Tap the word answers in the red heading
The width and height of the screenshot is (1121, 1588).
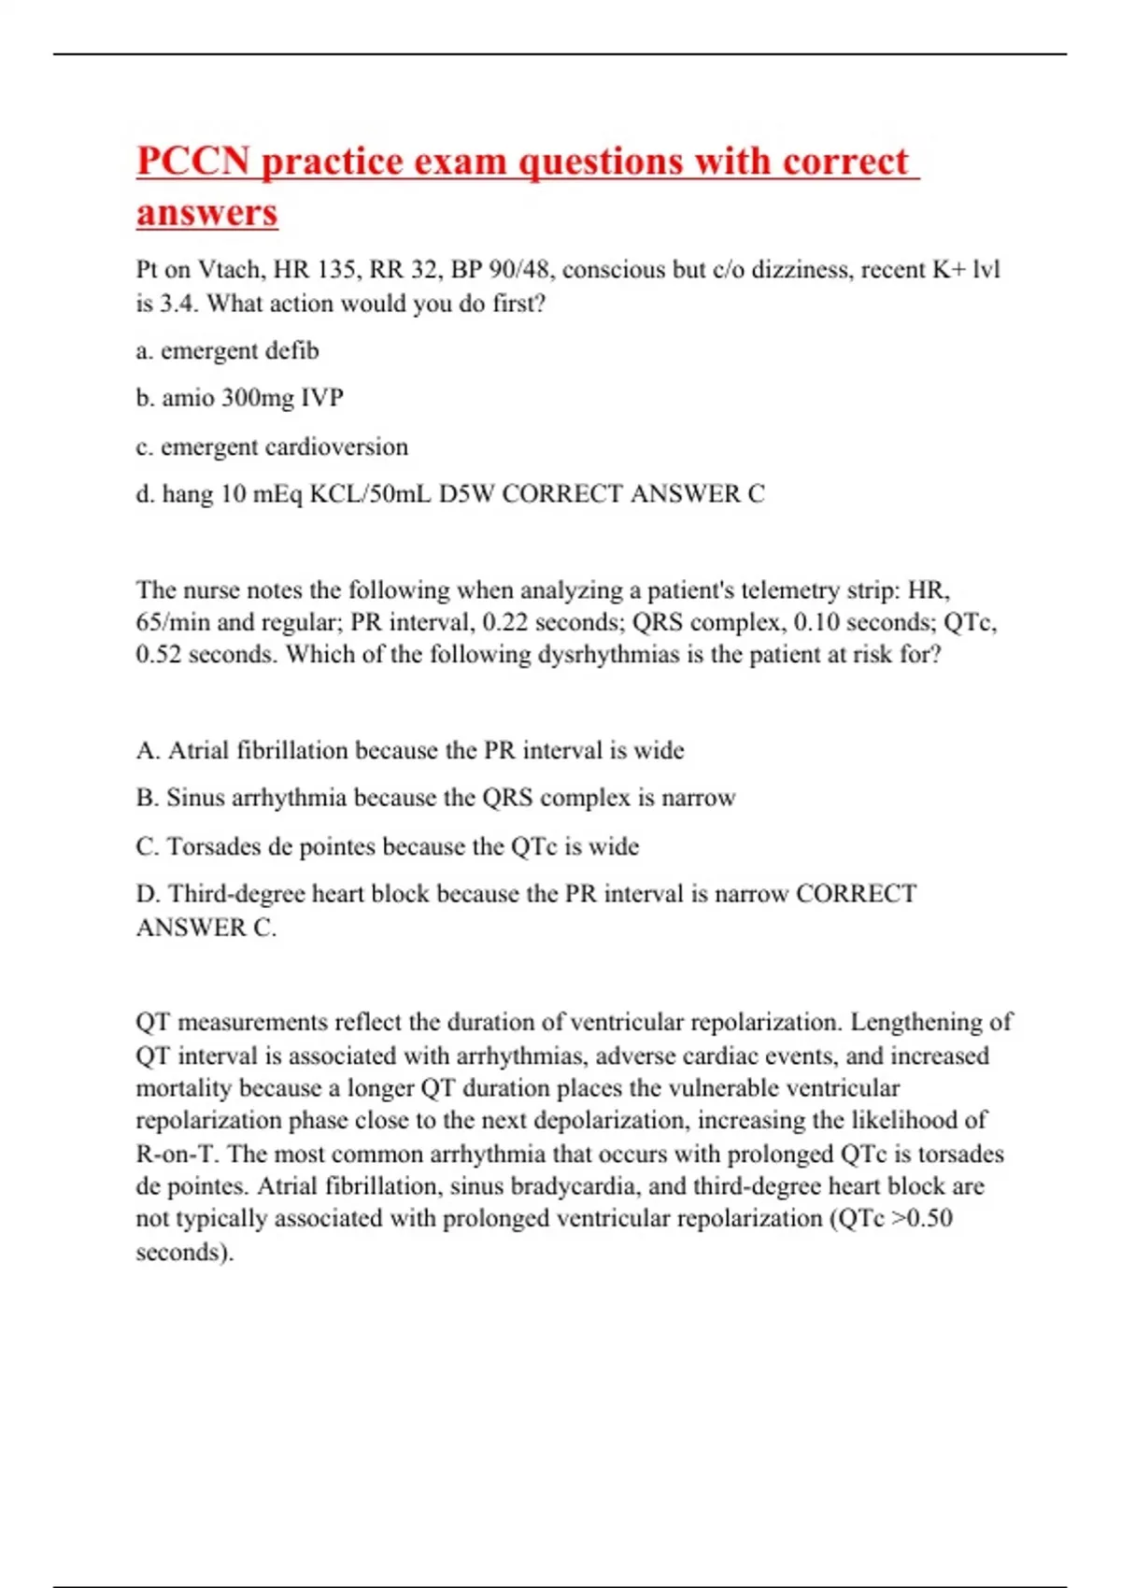[x=206, y=212]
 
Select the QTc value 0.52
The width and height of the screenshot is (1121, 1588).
[x=158, y=655]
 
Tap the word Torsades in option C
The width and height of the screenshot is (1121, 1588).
[x=214, y=846]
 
